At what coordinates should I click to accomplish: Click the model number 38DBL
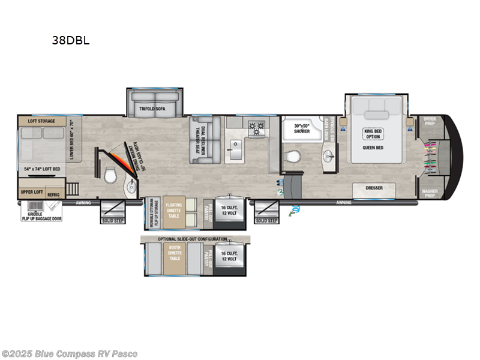71,41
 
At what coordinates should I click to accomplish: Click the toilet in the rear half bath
110,176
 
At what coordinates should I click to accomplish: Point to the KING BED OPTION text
373,133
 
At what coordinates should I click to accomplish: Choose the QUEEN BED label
373,152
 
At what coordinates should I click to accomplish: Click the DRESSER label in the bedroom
373,188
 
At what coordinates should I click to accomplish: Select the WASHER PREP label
430,193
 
